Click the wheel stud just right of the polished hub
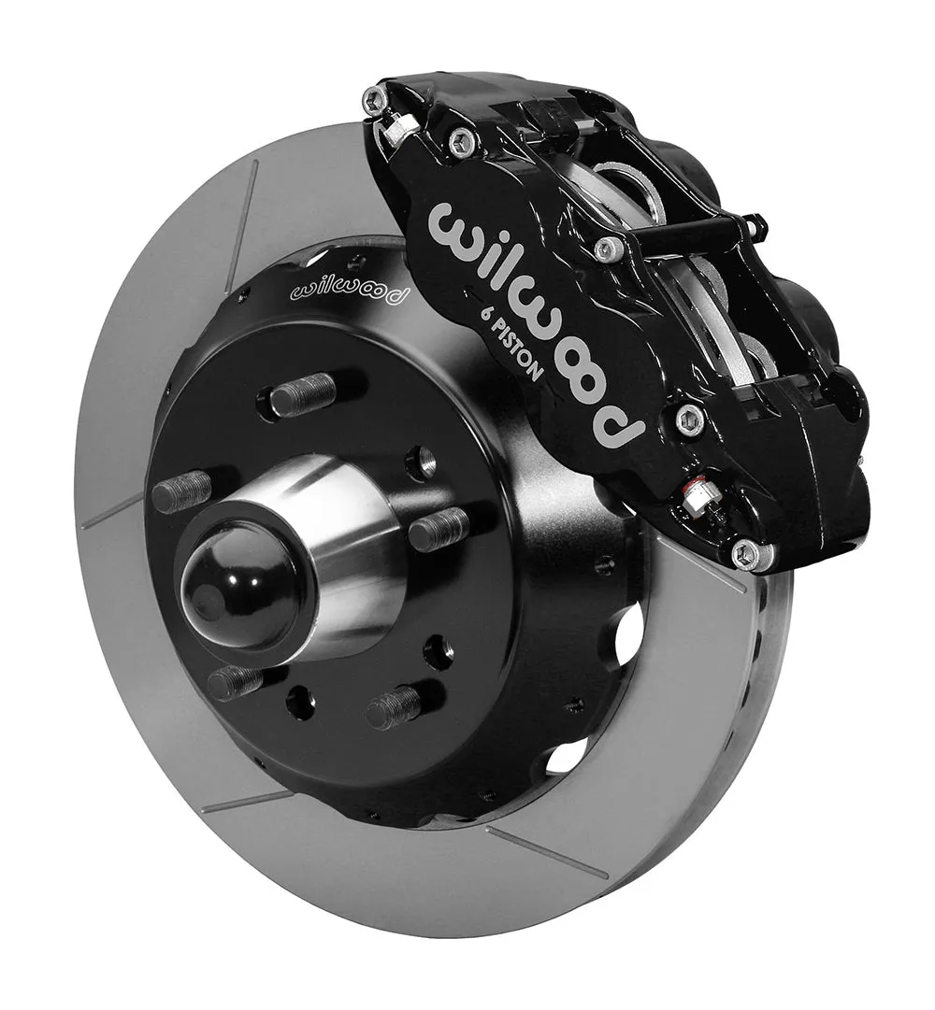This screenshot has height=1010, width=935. pyautogui.click(x=439, y=530)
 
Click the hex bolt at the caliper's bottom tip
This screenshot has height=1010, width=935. pyautogui.click(x=750, y=552)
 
